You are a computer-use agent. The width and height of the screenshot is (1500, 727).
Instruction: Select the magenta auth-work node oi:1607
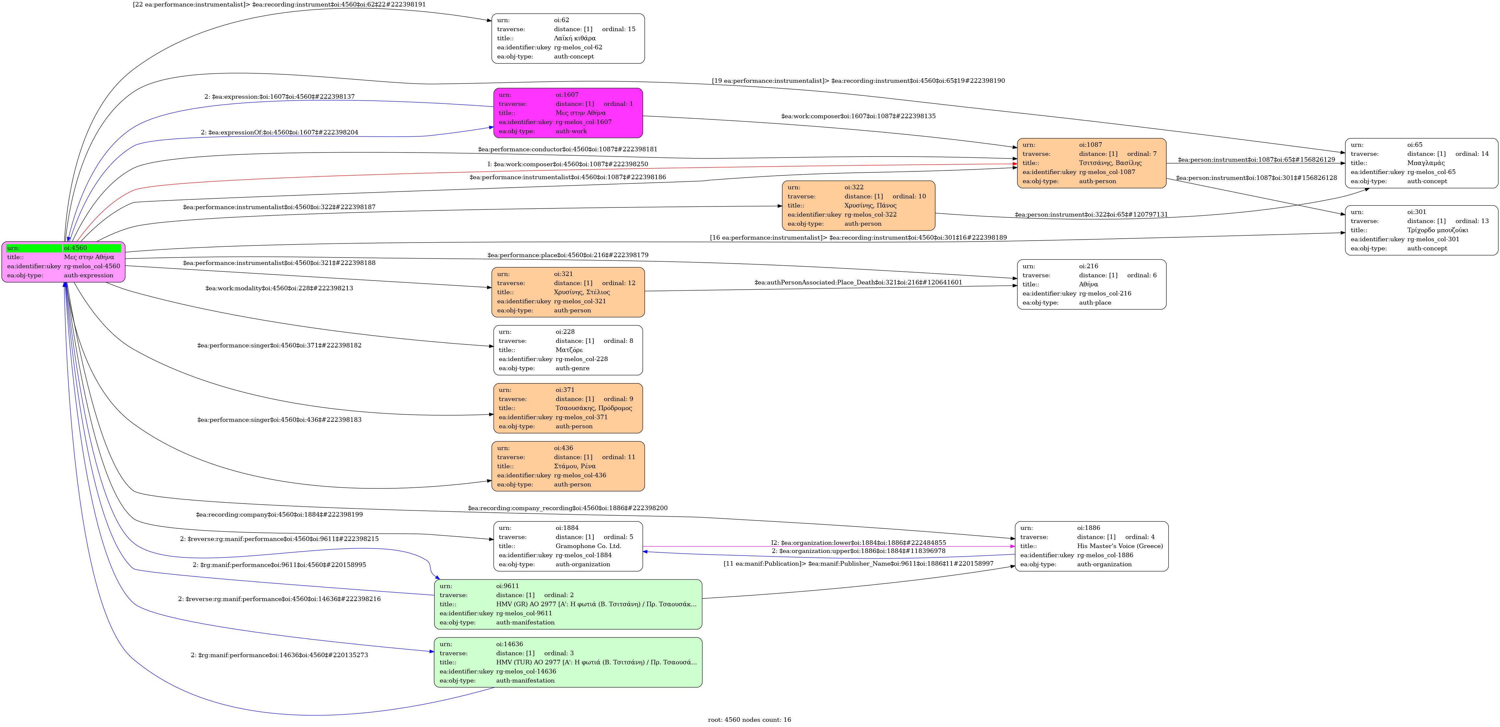(x=568, y=113)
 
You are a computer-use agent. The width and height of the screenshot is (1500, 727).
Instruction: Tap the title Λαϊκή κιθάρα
(x=575, y=38)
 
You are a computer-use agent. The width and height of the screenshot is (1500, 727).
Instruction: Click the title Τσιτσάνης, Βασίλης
(x=1110, y=163)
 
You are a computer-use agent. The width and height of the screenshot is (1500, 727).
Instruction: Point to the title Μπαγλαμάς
(x=1426, y=163)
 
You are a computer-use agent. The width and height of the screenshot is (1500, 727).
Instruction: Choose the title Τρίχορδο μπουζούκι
(x=1438, y=230)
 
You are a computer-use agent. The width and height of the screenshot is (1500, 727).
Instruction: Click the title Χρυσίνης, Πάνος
(x=870, y=206)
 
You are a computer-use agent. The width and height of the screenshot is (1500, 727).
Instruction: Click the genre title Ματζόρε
(x=569, y=350)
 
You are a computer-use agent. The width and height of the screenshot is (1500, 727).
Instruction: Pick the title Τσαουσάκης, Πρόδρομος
(x=593, y=408)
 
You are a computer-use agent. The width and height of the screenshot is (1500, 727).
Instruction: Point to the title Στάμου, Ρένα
(x=575, y=466)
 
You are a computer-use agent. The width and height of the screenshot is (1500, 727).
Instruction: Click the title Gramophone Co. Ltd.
(x=588, y=546)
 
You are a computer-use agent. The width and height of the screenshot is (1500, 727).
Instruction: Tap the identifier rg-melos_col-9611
(x=524, y=613)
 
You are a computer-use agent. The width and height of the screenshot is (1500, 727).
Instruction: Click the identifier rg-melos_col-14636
(x=526, y=671)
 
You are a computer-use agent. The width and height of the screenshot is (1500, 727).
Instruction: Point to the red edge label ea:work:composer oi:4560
(x=568, y=164)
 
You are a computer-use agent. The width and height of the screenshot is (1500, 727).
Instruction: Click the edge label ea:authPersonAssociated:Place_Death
(x=858, y=282)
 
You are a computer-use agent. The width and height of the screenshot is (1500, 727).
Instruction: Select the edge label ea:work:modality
(x=279, y=288)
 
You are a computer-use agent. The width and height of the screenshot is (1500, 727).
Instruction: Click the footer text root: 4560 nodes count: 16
(x=749, y=720)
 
